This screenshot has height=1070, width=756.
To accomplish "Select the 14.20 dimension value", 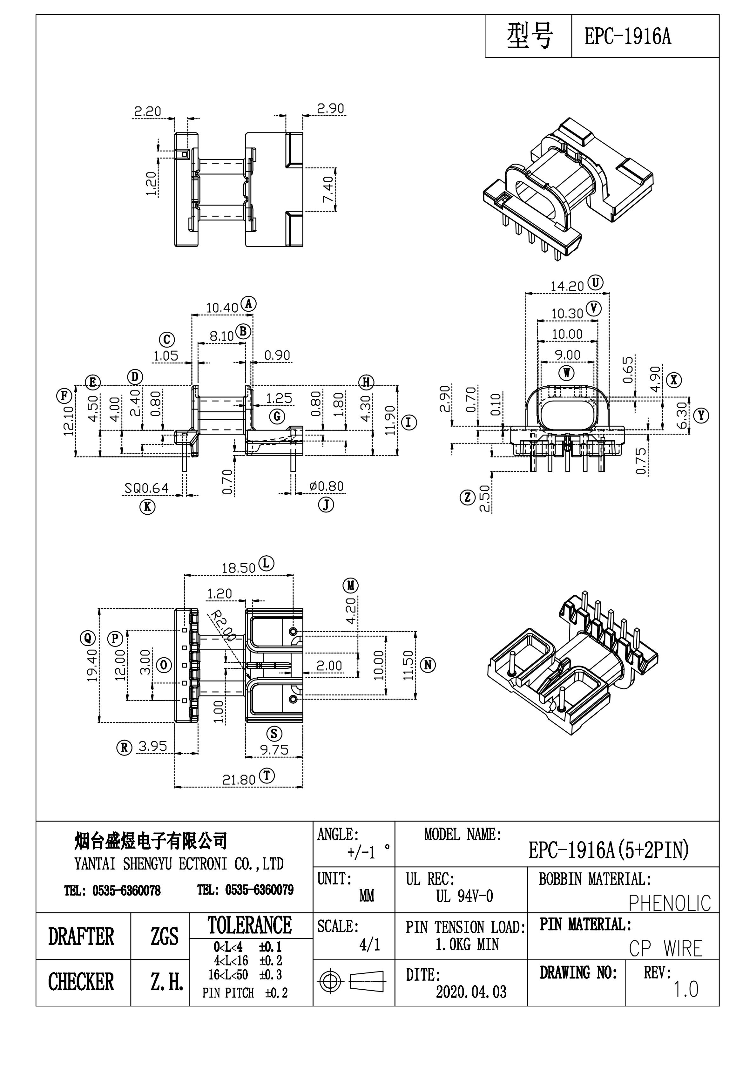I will pos(567,287).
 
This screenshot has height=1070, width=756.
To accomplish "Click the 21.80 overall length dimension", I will pos(238,780).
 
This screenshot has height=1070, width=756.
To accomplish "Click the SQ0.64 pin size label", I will pos(146,488).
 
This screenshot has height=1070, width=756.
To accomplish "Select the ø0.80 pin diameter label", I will pos(326,486).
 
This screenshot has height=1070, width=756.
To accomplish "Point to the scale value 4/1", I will pos(370,945).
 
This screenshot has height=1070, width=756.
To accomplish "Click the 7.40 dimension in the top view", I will pos(328,189).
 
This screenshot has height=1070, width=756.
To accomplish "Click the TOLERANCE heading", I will pos(250,925).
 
